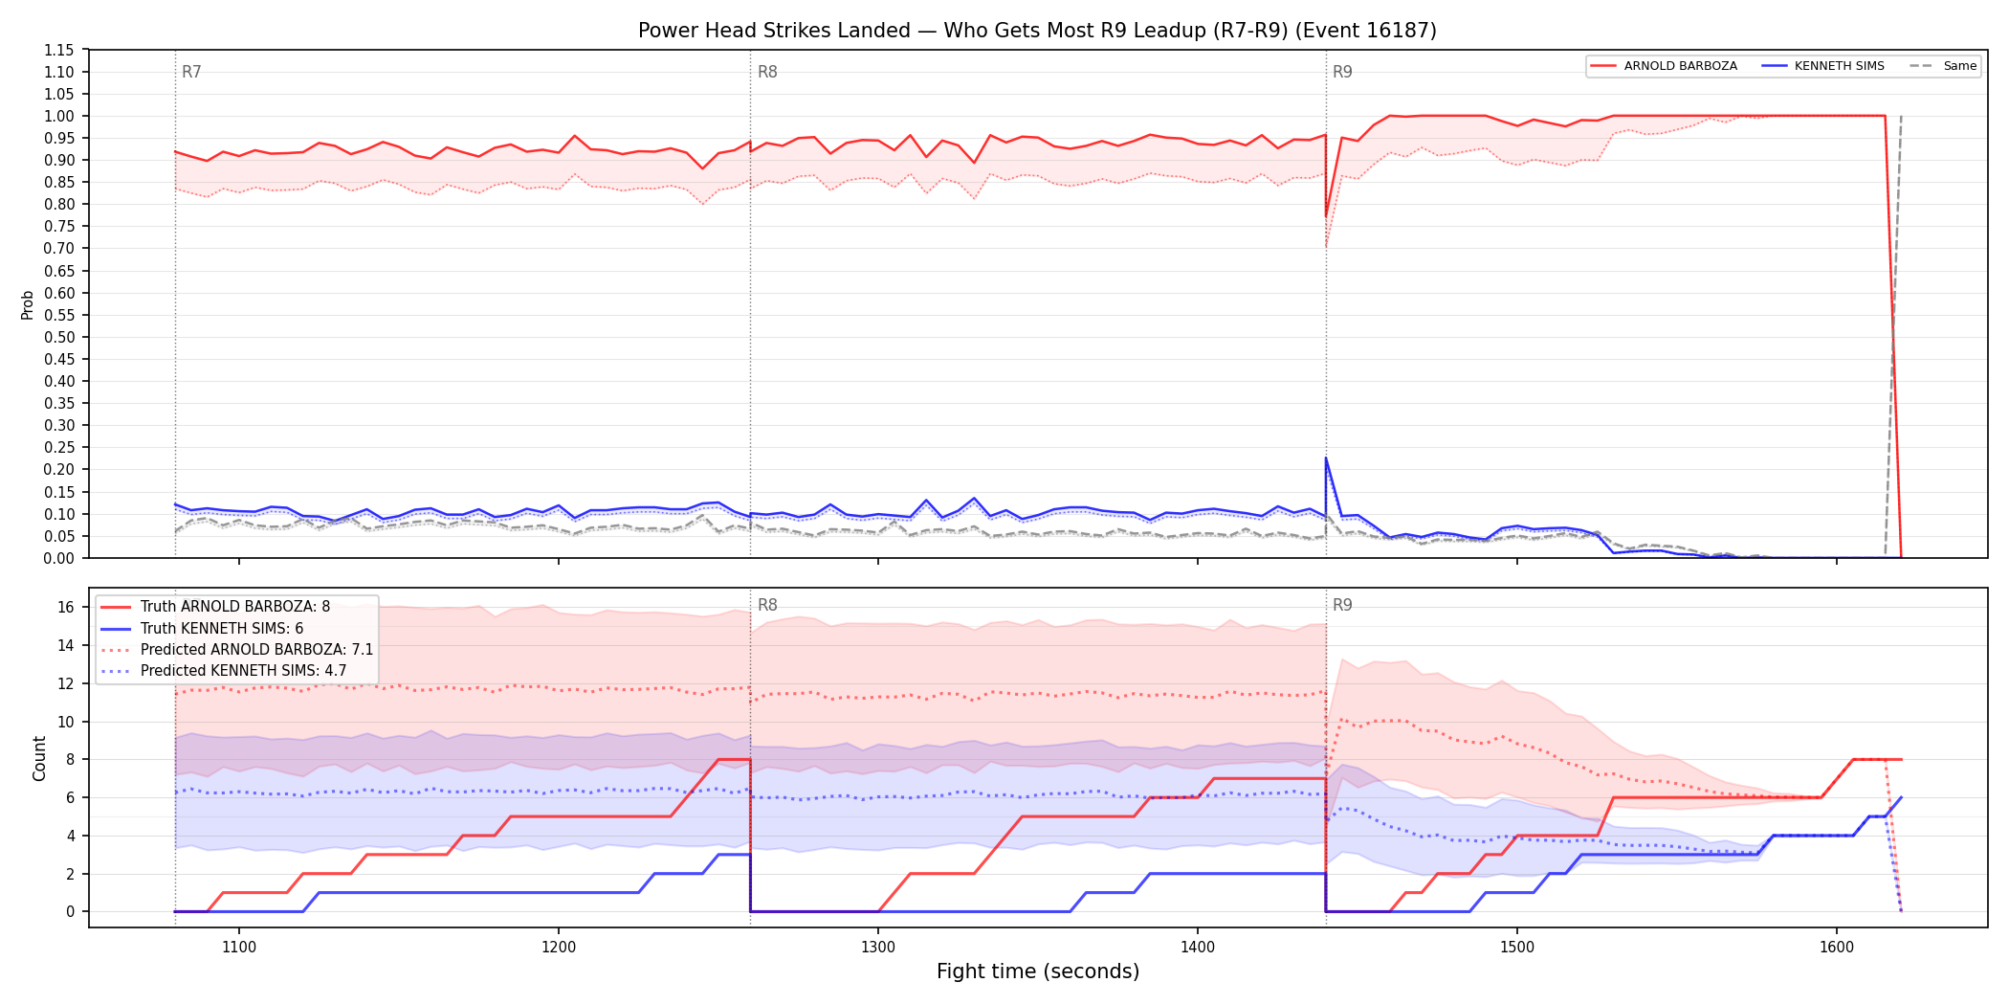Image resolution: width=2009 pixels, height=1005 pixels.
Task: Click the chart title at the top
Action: click(1037, 31)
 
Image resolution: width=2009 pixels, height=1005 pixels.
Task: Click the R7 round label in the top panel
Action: click(191, 72)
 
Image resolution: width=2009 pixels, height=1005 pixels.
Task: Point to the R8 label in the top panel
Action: click(767, 72)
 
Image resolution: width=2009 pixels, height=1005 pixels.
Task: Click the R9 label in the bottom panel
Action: click(1342, 605)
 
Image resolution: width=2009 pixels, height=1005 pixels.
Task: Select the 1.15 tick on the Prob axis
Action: click(59, 50)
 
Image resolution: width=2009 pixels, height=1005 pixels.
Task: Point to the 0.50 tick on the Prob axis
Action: click(59, 337)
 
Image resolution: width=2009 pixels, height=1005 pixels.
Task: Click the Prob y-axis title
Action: click(28, 304)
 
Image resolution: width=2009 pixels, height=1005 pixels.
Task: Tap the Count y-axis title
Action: click(39, 758)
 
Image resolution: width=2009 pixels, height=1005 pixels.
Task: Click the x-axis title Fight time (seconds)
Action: click(1038, 971)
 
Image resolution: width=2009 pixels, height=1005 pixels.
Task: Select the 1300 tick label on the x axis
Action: click(878, 948)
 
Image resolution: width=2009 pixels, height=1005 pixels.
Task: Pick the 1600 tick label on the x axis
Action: click(1836, 948)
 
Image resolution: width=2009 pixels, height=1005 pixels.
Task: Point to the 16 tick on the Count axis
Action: click(66, 607)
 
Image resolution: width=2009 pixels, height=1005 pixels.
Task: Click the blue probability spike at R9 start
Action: click(1326, 458)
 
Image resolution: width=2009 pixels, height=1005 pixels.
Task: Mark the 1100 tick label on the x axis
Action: click(239, 948)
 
